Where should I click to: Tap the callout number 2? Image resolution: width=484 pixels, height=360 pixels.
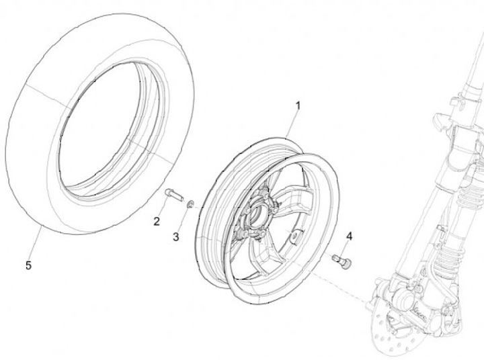point(157,222)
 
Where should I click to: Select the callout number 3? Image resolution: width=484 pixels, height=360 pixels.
point(176,236)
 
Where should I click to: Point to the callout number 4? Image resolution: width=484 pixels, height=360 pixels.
point(349,236)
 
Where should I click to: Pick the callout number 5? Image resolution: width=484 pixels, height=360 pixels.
point(28,265)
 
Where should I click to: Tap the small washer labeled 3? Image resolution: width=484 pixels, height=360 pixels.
point(191,204)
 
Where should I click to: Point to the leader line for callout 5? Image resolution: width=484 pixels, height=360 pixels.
point(34,244)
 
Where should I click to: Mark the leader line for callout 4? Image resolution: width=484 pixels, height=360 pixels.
point(347,247)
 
